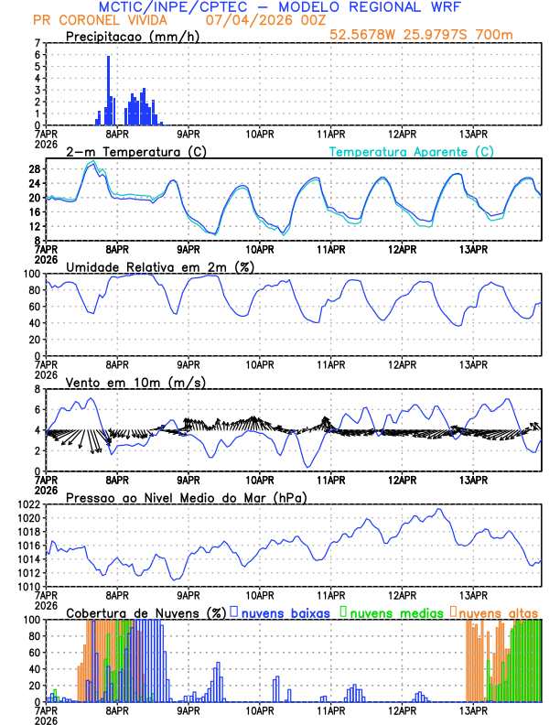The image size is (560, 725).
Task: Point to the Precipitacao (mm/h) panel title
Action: click(127, 36)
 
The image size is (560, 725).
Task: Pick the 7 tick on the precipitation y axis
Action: click(37, 43)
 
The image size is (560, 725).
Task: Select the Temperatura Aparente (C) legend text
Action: click(412, 151)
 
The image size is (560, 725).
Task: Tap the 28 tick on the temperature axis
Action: click(33, 169)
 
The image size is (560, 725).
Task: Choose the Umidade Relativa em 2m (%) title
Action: click(158, 266)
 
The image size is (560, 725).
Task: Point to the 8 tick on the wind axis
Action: click(37, 389)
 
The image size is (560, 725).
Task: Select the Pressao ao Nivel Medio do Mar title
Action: click(186, 497)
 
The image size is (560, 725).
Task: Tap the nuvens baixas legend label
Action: click(285, 612)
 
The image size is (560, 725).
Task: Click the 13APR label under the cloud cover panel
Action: click(473, 709)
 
